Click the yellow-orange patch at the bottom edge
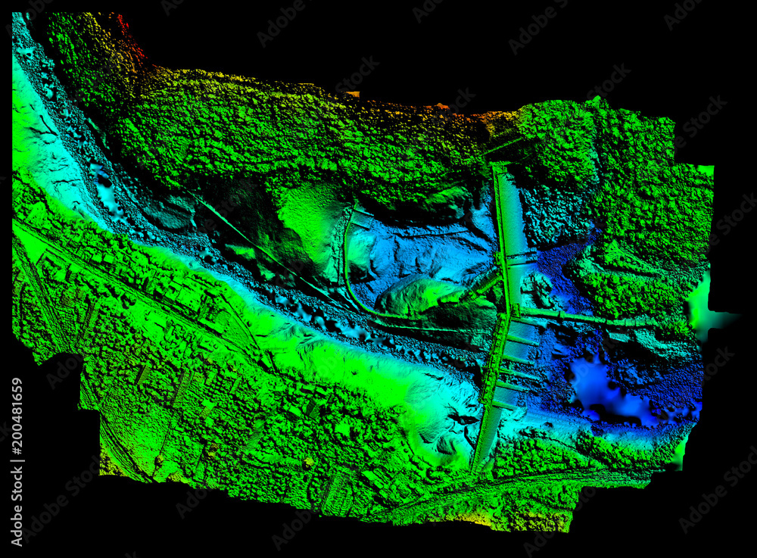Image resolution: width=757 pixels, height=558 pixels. (x=522, y=522)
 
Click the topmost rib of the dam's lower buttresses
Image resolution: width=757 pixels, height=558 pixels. (x=522, y=339)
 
